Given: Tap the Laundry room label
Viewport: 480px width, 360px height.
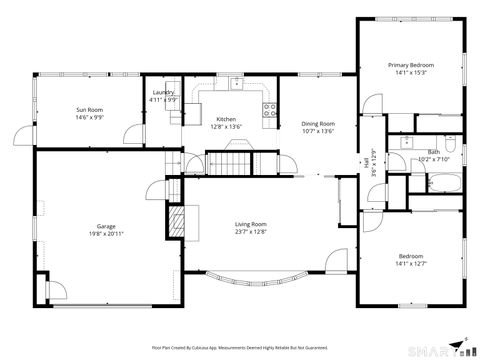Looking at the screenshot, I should (x=163, y=92).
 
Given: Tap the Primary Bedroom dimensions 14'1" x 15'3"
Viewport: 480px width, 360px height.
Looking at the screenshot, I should (x=410, y=73).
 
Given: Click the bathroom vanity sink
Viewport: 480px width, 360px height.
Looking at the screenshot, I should (x=405, y=143).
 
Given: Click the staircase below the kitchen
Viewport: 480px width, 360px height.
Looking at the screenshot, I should (x=227, y=161).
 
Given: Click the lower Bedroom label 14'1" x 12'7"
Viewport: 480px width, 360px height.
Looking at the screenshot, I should (x=410, y=260).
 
